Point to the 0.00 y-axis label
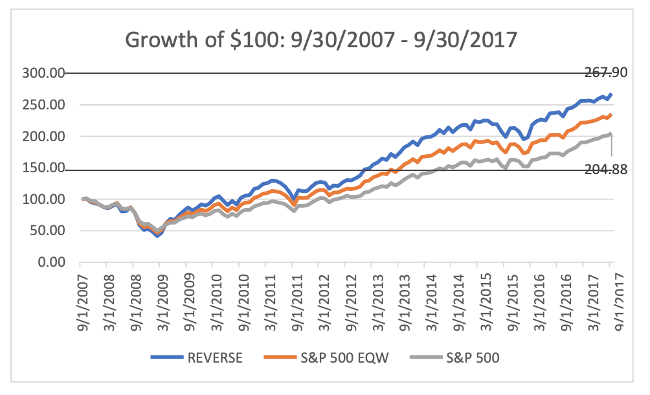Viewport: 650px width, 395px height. [52, 263]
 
